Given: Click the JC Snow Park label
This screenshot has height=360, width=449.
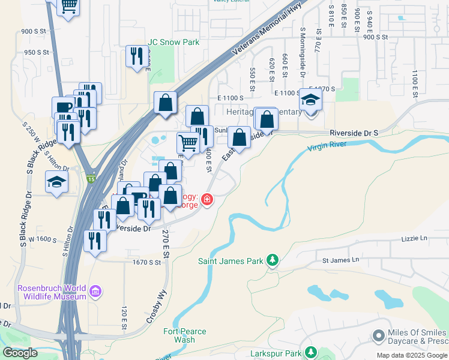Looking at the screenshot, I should (x=173, y=43).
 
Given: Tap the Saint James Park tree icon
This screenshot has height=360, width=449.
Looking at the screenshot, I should (x=273, y=260).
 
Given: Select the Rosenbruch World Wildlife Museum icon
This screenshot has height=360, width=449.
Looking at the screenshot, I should (x=95, y=292).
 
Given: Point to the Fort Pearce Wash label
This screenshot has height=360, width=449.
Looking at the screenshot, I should (x=185, y=335).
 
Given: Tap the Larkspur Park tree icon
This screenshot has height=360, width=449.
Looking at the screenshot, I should (x=310, y=352).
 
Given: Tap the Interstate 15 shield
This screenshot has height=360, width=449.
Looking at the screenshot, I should (x=91, y=178).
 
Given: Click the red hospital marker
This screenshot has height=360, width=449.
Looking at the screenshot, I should (x=207, y=199).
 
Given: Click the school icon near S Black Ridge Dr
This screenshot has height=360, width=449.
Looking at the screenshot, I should (x=57, y=181).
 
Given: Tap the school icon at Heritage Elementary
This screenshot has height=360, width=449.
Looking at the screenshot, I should (x=311, y=100).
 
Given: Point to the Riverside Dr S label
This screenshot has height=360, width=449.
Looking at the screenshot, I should (x=354, y=133).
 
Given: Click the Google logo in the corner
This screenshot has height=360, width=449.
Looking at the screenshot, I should (x=20, y=352).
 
